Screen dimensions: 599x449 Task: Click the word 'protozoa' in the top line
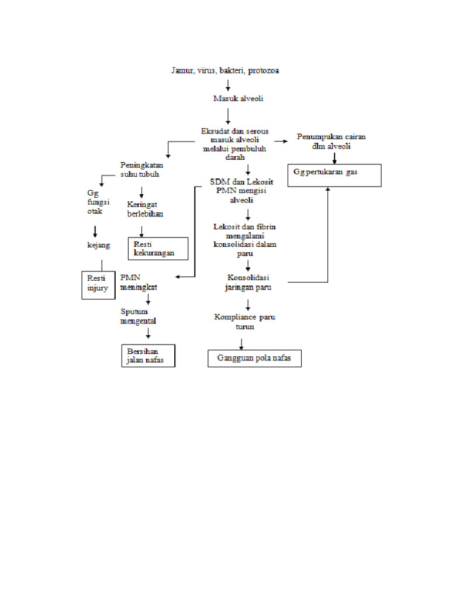point(263,71)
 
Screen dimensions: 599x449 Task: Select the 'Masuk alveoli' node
point(238,98)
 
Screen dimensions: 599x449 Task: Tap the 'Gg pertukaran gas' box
point(334,175)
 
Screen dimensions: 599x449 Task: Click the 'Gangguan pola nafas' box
point(254,358)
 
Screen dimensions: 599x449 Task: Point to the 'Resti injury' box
point(98,284)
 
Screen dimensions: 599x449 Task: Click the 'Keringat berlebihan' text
point(145,209)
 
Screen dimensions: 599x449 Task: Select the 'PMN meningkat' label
point(139,282)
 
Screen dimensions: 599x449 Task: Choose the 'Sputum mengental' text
point(139,316)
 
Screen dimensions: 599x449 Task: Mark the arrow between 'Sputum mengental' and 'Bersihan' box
point(148,333)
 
